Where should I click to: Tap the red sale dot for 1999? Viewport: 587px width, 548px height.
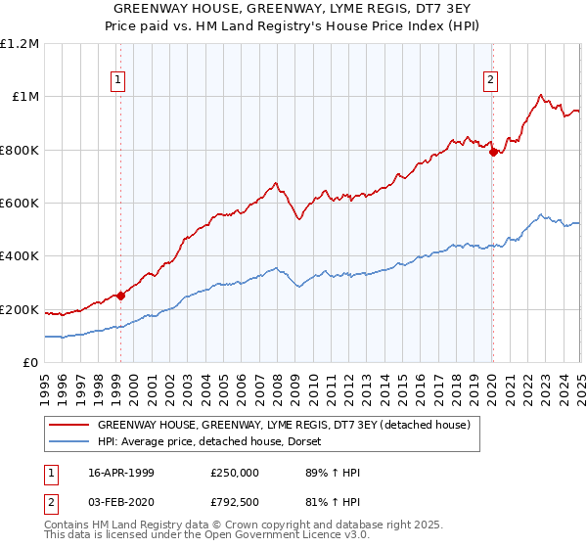click(120, 296)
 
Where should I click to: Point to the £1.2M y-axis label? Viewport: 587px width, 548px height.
click(20, 44)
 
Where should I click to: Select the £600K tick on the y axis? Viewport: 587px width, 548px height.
click(20, 204)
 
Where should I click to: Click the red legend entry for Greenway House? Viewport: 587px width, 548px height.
click(285, 425)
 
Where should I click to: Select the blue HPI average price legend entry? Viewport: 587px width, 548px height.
click(215, 441)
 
